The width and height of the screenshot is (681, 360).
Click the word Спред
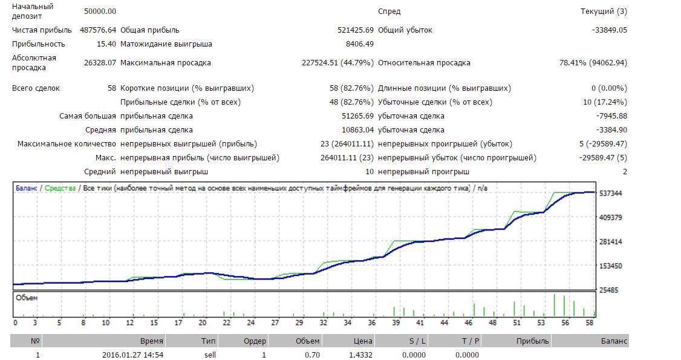tap(389, 11)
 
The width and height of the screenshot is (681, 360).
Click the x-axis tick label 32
tap(324, 323)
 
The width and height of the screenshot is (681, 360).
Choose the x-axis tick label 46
tap(469, 323)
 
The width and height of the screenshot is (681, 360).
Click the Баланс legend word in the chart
tap(26, 188)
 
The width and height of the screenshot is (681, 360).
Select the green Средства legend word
tap(60, 188)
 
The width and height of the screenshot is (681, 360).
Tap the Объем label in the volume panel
tap(27, 298)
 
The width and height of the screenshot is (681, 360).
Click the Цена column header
tap(363, 341)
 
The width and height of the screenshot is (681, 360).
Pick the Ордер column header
tap(255, 341)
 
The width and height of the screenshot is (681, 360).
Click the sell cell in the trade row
tap(209, 355)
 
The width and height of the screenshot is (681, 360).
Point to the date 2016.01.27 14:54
tap(132, 355)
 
